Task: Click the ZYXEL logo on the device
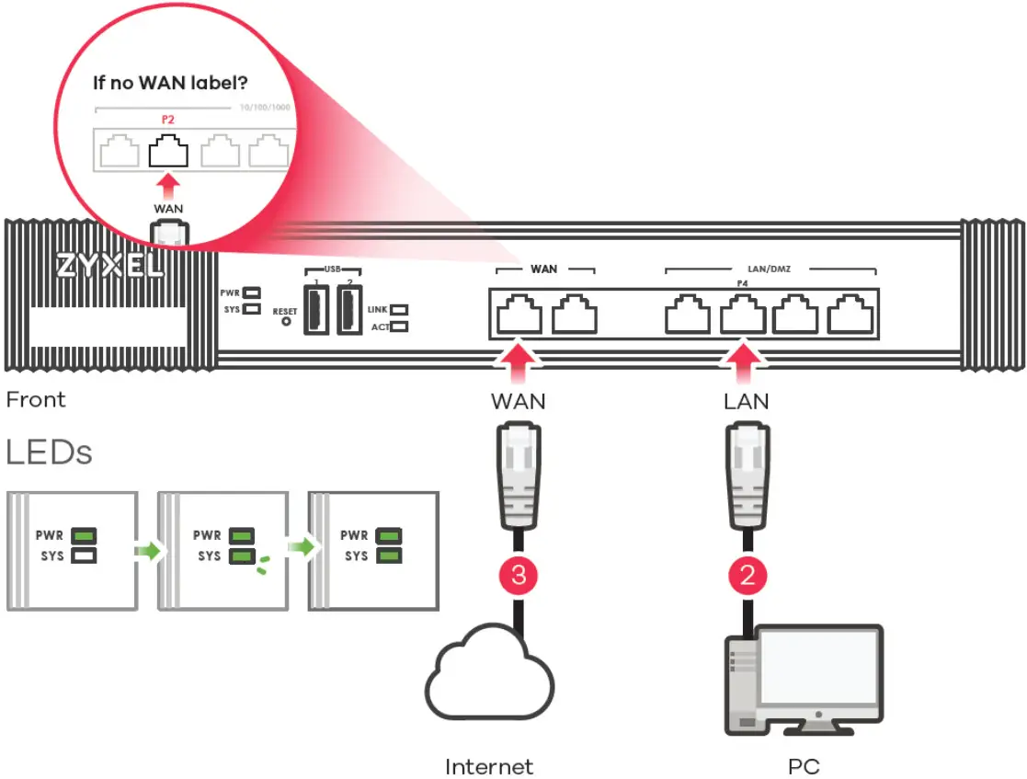[x=108, y=266]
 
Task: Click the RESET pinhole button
[x=285, y=322]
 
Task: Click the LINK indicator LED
[x=399, y=310]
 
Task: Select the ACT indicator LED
[x=399, y=326]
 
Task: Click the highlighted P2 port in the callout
[x=167, y=150]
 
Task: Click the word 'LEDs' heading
[x=49, y=453]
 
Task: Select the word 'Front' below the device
[x=36, y=400]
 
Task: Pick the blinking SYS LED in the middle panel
[x=242, y=556]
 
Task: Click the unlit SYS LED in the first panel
[x=85, y=556]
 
